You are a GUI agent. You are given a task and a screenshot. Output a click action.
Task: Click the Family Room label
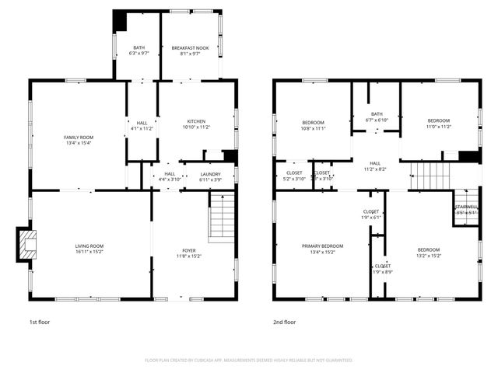[78, 137]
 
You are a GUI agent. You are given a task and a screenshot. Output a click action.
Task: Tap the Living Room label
[89, 246]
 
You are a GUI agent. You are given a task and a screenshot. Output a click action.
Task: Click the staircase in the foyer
[222, 218]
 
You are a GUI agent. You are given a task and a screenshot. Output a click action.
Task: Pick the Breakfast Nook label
[190, 48]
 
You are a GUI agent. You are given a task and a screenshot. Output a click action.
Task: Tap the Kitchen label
[196, 122]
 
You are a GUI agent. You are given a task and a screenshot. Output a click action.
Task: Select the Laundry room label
[210, 174]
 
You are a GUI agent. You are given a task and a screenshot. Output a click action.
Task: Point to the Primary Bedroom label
[322, 246]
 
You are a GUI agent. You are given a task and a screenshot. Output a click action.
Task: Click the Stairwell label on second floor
[466, 207]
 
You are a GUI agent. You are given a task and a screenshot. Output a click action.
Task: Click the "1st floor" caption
[39, 322]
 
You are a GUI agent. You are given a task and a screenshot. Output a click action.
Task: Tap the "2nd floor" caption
[284, 322]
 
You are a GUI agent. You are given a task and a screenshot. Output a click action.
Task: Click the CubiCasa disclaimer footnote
[248, 361]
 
